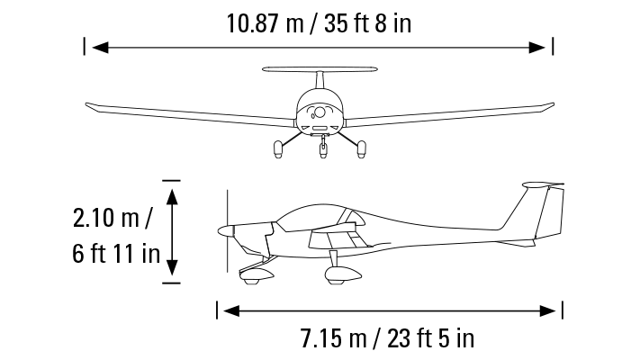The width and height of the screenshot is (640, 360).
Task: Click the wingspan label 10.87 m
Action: (266, 22)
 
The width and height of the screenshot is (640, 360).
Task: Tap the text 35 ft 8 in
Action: (369, 22)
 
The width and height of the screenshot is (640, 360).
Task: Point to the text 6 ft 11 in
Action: (116, 253)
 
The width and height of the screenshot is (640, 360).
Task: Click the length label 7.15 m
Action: (337, 339)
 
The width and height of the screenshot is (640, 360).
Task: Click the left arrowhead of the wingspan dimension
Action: (95, 46)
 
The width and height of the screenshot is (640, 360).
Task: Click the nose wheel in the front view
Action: (323, 150)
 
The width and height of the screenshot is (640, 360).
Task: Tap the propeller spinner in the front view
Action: (318, 114)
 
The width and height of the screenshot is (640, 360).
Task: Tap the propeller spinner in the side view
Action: (224, 231)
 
